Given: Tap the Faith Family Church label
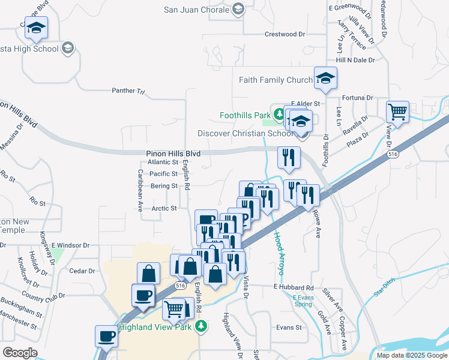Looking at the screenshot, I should [x=276, y=80].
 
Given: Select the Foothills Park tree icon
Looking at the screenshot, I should [x=279, y=114].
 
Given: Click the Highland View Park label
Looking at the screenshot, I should [x=155, y=327].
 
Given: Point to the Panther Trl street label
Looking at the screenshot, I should [x=128, y=91].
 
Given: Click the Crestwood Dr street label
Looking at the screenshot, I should [x=285, y=34].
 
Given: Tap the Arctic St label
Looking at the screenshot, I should [x=164, y=209].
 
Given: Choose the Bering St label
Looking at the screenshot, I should [x=164, y=186].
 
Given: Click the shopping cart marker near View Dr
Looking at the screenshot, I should [x=397, y=111].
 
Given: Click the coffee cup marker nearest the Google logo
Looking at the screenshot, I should [x=106, y=335].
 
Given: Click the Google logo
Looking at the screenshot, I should [x=19, y=353].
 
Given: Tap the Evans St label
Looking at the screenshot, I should [x=289, y=328].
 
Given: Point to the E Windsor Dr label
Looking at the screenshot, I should [x=70, y=245].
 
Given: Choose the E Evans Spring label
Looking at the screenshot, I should [x=303, y=301].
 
